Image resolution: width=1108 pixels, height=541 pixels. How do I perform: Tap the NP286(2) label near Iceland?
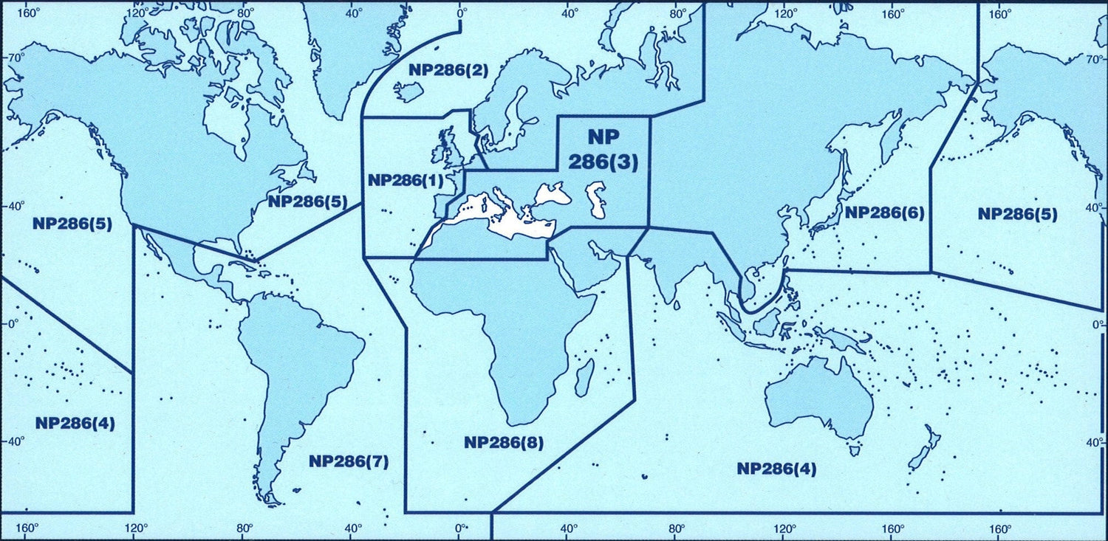(448, 70)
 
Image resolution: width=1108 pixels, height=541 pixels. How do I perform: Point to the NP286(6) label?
(884, 213)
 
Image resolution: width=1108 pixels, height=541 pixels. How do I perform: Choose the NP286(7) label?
(349, 461)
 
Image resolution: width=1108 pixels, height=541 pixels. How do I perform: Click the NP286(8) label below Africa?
(504, 443)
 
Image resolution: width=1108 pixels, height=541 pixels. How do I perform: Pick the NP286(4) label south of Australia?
(776, 469)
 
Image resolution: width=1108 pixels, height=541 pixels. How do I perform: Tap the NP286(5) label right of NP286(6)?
(1017, 214)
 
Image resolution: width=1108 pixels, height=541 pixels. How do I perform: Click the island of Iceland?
(408, 92)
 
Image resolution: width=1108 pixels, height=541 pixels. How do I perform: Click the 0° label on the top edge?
(462, 13)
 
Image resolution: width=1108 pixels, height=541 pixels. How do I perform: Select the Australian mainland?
(820, 395)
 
